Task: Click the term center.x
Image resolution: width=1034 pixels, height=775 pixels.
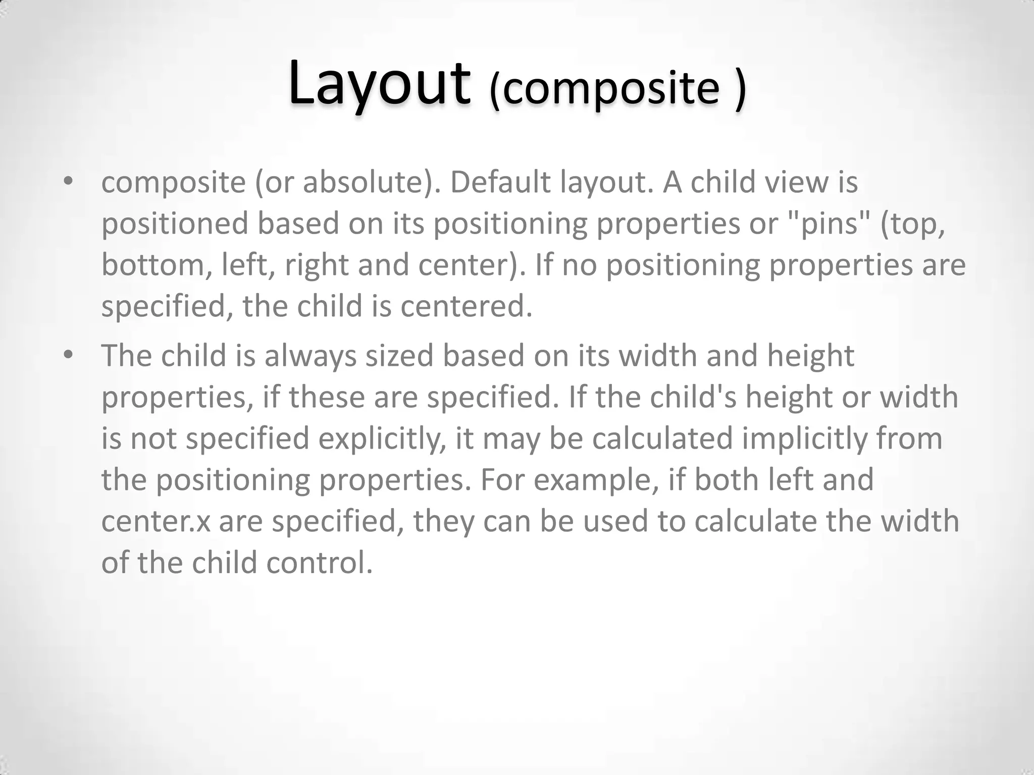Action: point(156,521)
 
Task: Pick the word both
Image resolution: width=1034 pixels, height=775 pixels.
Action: point(727,480)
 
